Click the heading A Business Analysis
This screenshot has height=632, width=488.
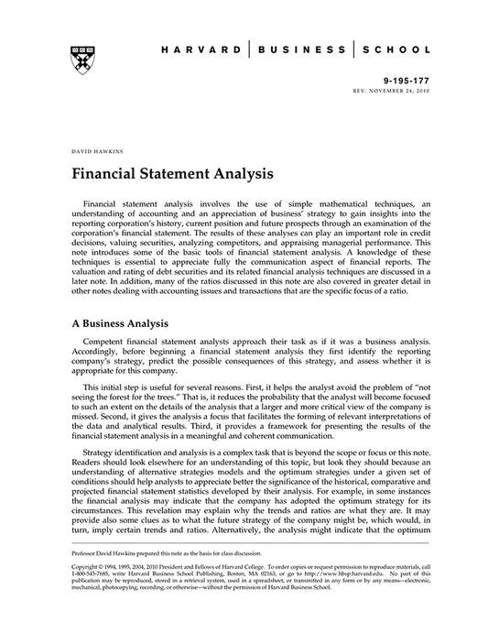[x=119, y=322]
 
